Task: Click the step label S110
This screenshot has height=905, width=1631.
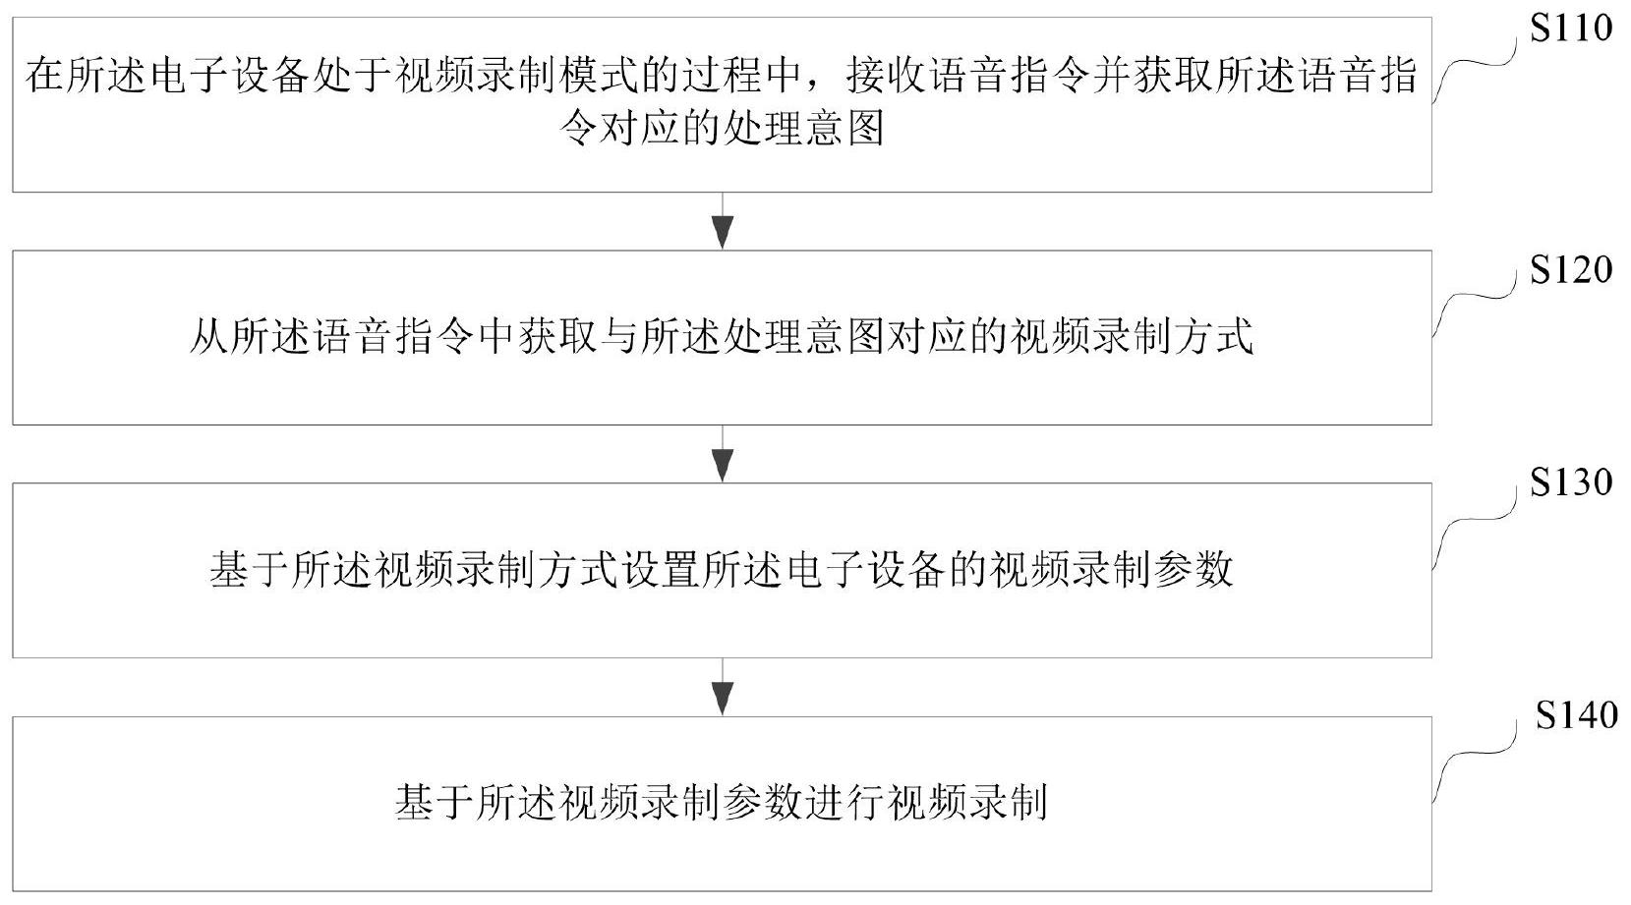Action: (x=1571, y=28)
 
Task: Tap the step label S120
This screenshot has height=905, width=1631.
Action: (x=1571, y=270)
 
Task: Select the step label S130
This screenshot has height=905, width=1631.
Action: (x=1571, y=481)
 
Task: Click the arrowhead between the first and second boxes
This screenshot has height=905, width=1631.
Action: (x=722, y=233)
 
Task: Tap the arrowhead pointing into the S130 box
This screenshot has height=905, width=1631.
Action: (x=722, y=466)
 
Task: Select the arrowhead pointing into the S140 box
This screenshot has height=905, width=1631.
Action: (x=722, y=699)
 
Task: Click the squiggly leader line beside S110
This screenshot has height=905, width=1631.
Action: (x=1473, y=65)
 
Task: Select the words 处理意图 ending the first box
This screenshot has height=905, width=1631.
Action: (x=804, y=129)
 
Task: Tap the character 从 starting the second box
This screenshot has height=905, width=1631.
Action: (x=209, y=337)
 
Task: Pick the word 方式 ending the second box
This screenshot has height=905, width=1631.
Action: (x=1213, y=337)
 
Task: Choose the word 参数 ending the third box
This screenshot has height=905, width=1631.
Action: (x=1194, y=570)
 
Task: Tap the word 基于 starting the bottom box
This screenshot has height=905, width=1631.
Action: (x=435, y=803)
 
